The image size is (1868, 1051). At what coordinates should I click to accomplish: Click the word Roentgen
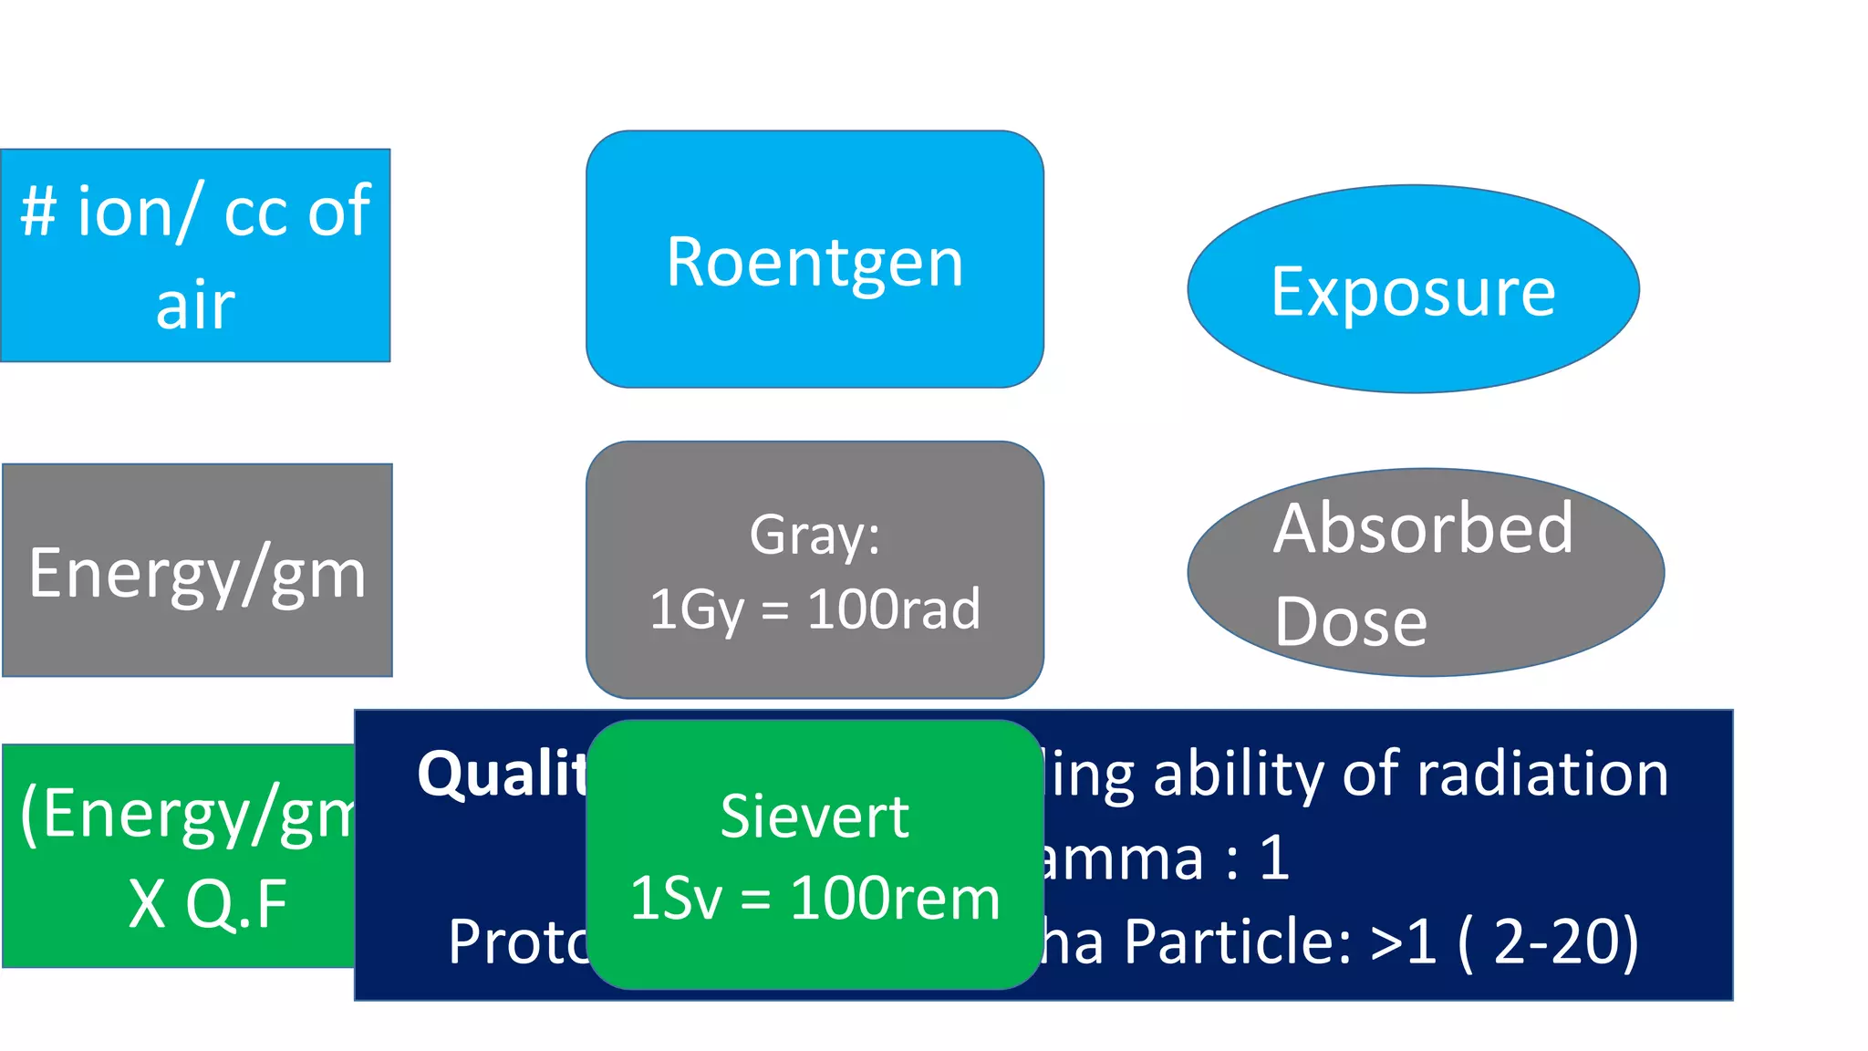point(815,263)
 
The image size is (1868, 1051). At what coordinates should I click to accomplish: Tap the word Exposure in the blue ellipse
point(1413,293)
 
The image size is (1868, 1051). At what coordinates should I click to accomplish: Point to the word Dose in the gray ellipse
point(1351,622)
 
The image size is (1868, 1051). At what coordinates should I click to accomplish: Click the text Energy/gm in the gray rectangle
point(197,574)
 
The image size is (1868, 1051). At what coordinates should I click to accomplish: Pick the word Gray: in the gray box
point(815,535)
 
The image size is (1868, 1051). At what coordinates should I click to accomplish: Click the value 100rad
point(894,609)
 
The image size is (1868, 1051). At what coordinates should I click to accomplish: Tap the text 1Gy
point(697,609)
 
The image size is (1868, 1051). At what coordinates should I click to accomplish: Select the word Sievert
point(815,816)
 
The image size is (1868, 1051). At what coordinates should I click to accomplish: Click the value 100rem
point(895,899)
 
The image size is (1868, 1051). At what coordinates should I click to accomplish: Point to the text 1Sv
point(675,899)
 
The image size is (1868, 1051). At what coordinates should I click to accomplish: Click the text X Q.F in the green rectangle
point(208,904)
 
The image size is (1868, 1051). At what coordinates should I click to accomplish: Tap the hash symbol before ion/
point(39,212)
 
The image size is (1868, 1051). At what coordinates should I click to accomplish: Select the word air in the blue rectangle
point(195,306)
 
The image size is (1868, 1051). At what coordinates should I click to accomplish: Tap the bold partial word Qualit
point(502,774)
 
